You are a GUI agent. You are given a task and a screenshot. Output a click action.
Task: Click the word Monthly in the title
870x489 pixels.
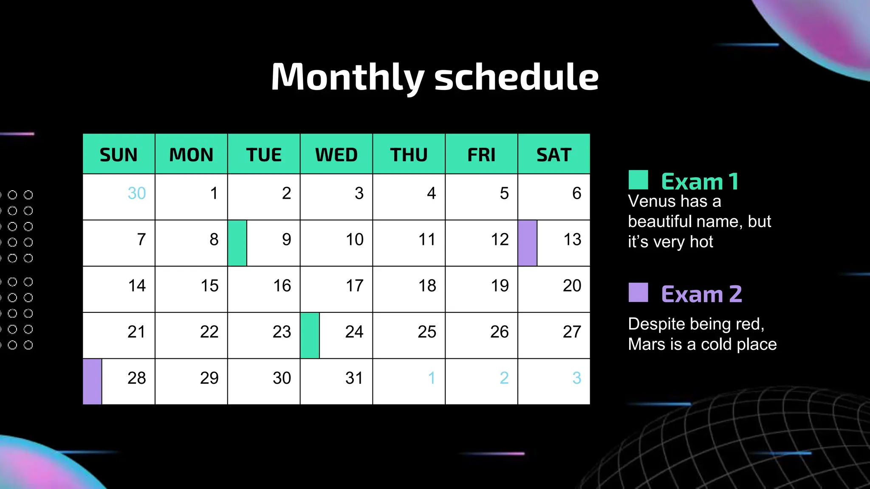point(347,77)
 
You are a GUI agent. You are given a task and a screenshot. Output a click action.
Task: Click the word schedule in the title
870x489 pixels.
point(516,77)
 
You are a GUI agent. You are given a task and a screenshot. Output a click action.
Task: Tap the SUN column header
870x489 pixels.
point(119,155)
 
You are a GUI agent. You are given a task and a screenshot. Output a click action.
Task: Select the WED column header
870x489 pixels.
point(336,155)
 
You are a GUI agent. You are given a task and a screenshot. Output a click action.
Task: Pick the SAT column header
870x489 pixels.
point(554,155)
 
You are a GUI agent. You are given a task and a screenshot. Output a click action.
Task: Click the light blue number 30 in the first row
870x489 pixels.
point(137,194)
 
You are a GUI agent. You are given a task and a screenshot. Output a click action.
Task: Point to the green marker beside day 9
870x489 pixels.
point(237,243)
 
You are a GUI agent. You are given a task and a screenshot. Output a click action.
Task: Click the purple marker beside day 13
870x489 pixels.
point(527,243)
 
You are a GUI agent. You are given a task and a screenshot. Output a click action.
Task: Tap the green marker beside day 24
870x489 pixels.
point(310,335)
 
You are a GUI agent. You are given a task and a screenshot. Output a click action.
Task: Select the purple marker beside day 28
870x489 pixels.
point(92,382)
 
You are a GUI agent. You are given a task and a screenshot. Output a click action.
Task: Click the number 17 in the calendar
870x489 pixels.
point(355,286)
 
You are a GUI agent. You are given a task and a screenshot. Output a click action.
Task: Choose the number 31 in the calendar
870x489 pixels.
point(354,378)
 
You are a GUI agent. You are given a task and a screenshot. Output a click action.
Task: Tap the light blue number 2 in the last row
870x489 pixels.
point(504,378)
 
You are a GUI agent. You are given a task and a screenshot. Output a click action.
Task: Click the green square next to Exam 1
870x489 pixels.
point(638,180)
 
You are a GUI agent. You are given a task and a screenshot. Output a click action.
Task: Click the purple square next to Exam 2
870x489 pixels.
point(638,292)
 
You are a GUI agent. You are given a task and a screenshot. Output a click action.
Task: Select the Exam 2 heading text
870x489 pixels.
point(701,294)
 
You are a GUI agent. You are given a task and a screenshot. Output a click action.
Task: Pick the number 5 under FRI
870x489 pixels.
point(504,194)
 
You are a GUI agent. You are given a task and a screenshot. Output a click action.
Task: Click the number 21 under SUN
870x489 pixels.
point(136,332)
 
